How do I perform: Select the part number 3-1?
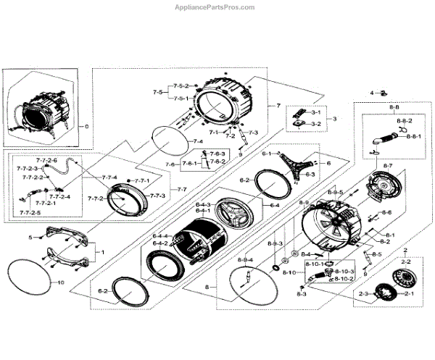coord(317,114)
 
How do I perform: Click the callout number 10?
coord(61,282)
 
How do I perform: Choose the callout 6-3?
coord(310,175)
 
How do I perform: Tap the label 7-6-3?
coord(217,154)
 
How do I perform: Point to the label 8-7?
coord(388,167)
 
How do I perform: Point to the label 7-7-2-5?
coord(29,212)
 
